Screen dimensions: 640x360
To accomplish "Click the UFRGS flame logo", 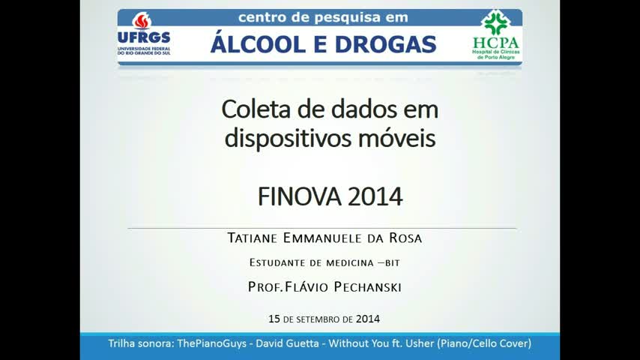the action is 142,20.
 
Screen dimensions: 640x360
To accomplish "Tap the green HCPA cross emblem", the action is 495,23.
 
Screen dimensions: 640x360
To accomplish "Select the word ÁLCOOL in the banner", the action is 258,43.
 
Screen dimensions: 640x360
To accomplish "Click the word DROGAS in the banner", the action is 386,44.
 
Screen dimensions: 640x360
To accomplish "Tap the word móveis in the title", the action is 397,138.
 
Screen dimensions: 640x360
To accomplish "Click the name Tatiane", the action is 253,238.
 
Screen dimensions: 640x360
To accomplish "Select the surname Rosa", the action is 405,238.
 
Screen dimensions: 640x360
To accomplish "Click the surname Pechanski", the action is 367,286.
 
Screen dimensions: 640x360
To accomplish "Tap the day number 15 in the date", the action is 274,319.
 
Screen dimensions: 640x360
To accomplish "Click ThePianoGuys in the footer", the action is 211,343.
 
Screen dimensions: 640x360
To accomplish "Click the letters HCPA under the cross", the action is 496,43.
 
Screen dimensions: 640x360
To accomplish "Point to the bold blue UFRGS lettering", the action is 144,37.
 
